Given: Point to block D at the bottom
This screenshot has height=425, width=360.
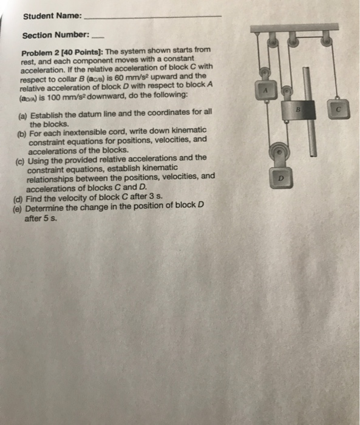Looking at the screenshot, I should [x=279, y=178].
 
